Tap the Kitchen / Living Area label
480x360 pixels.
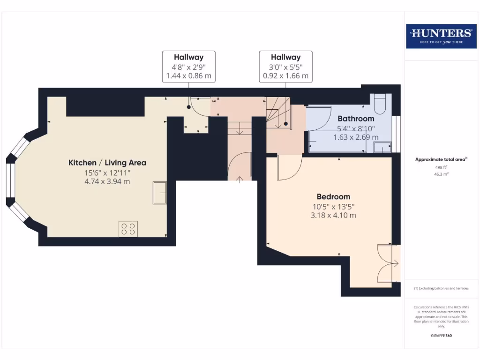tap(107, 163)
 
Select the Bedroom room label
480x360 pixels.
tap(333, 196)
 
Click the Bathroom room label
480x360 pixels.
tap(356, 119)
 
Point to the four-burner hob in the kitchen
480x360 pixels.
tap(128, 229)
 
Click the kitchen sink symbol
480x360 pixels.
tap(159, 193)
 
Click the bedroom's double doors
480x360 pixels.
tap(389, 264)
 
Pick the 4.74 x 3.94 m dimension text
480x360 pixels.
tap(107, 181)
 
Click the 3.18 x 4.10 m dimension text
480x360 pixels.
tap(333, 215)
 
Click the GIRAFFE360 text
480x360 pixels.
tap(441, 336)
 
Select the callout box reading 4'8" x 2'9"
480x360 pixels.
tap(188, 67)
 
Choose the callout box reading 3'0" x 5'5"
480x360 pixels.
tap(285, 67)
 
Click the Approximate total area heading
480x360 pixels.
tap(441, 159)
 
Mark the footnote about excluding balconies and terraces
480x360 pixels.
tap(441, 288)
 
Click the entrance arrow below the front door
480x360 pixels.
tap(240, 180)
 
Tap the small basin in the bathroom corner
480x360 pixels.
tap(382, 148)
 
